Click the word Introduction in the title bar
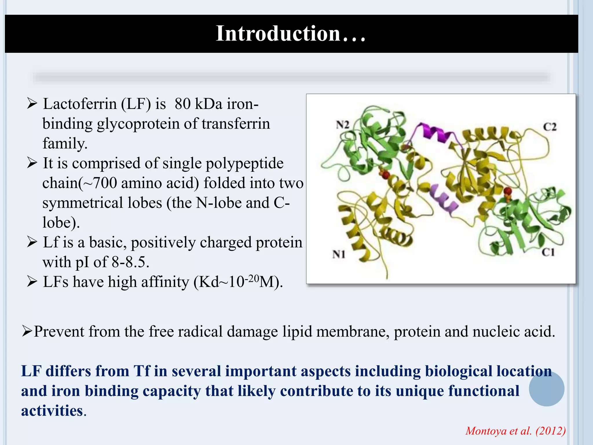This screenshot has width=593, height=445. pos(278,34)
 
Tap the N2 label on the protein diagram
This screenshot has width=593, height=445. pos(342,125)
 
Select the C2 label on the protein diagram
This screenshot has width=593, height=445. pos(549,127)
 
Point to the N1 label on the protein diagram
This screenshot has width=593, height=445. pos(338,254)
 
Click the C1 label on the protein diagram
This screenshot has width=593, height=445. pos(548,252)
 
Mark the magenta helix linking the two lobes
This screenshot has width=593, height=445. pos(434,132)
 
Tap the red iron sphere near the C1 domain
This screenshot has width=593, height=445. pos(508,191)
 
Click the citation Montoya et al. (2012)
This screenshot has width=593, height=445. pos(515,431)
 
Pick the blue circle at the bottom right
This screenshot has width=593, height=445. pos(546,389)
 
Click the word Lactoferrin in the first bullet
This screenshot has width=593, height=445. pos(80,104)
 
